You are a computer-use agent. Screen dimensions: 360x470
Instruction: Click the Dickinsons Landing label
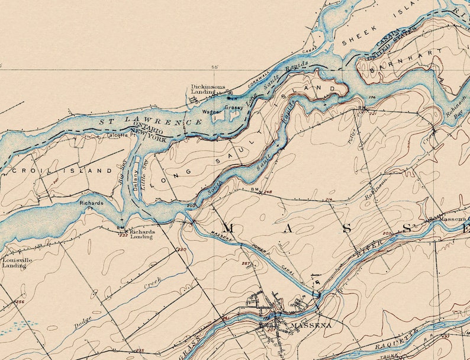pyautogui.click(x=208, y=89)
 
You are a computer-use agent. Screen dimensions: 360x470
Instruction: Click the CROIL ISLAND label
pyautogui.click(x=62, y=171)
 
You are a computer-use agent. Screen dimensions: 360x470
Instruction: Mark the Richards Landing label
pyautogui.click(x=141, y=234)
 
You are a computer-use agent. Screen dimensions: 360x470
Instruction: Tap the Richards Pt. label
pyautogui.click(x=92, y=205)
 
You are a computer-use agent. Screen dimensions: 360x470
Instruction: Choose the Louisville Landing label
pyautogui.click(x=14, y=262)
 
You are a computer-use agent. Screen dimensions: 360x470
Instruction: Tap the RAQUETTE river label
pyautogui.click(x=396, y=339)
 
